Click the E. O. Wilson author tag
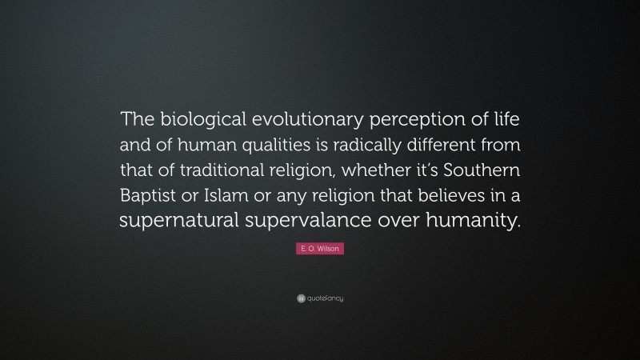319,250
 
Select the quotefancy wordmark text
325,298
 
